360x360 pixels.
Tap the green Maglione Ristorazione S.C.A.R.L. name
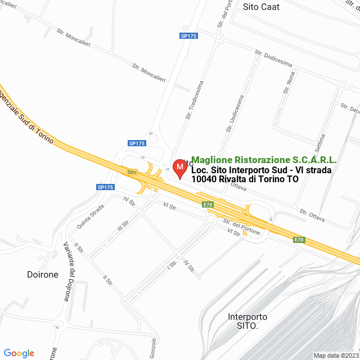(264, 160)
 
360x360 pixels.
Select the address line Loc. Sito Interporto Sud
(261, 170)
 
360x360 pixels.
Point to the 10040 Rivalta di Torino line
(245, 179)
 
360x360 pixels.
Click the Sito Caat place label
(261, 7)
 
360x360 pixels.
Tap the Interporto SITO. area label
(247, 321)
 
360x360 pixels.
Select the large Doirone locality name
(43, 274)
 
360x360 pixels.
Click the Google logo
(19, 353)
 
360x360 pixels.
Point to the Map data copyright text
(336, 355)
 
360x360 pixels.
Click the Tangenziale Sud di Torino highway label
(25, 116)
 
